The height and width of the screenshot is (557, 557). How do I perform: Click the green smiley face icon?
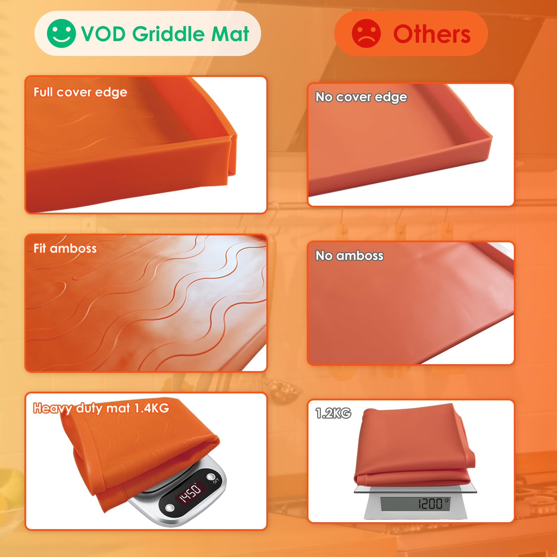coord(61,33)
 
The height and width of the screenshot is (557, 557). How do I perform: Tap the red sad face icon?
coord(366,33)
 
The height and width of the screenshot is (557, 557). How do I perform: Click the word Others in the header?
coord(432,34)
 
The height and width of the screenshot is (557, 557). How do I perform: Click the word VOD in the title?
coord(103,34)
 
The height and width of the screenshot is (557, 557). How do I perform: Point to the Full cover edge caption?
coord(80,92)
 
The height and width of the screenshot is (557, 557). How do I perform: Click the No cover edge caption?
coord(361,97)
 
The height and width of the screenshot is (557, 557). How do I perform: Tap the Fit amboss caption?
coord(65,249)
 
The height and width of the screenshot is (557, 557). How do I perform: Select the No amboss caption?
coord(350,256)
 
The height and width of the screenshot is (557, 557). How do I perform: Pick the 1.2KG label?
coord(333,413)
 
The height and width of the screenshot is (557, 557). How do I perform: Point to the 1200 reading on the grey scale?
coord(430,503)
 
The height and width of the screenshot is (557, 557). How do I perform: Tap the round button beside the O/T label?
coord(211,477)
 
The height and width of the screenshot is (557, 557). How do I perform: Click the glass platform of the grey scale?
coord(415,489)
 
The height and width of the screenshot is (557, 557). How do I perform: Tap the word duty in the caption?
coord(89,408)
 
